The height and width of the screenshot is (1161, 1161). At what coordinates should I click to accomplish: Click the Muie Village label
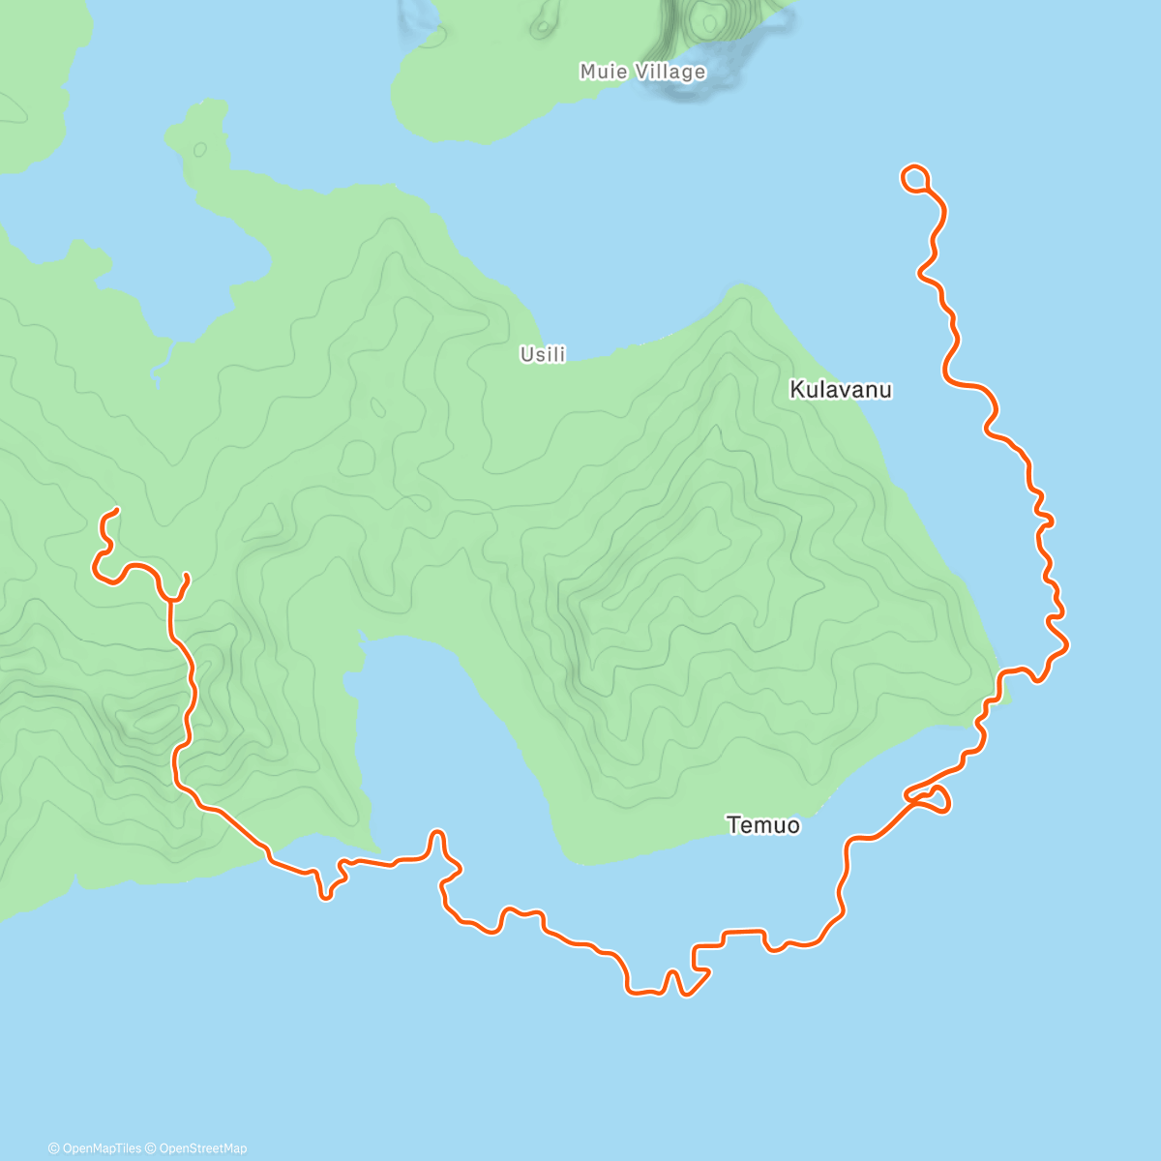point(642,72)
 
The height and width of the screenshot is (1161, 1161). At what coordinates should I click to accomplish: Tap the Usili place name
point(543,355)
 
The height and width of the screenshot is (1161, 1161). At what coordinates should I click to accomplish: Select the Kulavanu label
point(841,390)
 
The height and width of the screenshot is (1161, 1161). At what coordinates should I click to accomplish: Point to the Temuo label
point(763,825)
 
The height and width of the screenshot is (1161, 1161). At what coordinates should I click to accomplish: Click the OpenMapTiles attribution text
point(102,1148)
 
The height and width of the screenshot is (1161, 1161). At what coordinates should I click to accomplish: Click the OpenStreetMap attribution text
point(203,1148)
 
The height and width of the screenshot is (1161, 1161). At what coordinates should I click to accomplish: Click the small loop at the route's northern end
point(915,178)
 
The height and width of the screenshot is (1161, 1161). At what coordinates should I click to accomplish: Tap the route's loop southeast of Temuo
point(932,799)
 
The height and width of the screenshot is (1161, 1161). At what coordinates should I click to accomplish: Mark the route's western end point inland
point(116,510)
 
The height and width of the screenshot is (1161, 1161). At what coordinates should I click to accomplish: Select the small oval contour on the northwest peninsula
point(200,150)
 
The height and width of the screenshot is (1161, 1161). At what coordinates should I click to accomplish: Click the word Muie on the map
point(600,72)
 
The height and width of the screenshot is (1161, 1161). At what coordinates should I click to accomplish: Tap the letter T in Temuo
point(732,825)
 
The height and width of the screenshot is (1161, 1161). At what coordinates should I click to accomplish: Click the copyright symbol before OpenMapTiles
point(54,1148)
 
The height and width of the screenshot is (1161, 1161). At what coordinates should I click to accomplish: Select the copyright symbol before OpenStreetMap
point(151,1148)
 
